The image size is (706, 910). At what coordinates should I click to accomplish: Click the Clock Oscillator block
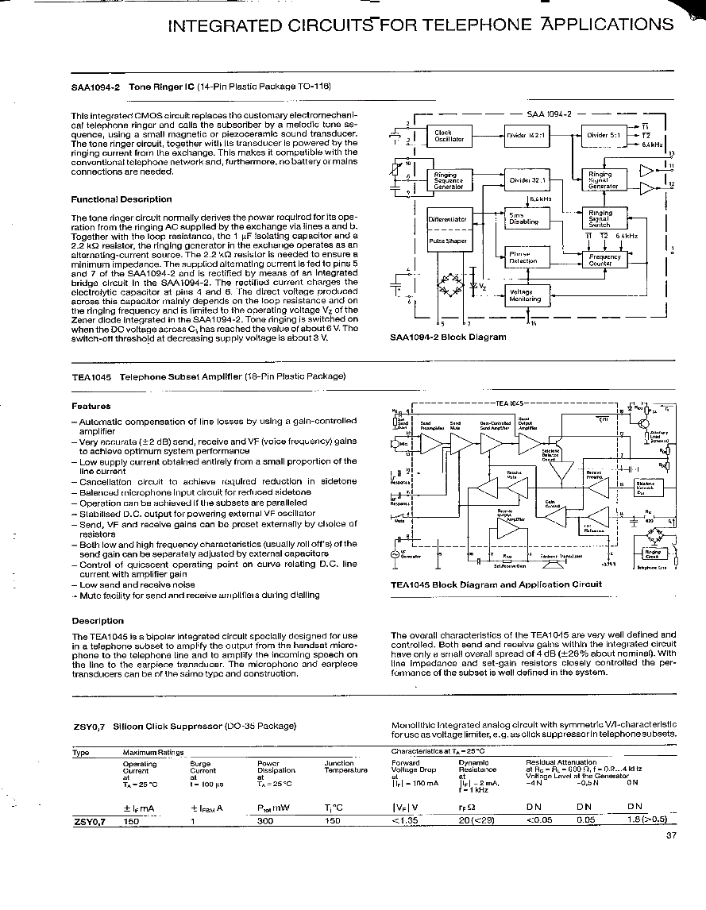click(x=449, y=137)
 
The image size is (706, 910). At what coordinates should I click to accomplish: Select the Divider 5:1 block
click(x=603, y=136)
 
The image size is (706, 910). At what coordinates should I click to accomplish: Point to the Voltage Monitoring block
click(x=525, y=295)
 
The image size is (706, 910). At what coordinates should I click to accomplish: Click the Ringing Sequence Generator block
click(x=449, y=180)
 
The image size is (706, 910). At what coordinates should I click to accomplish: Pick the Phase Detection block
click(x=525, y=256)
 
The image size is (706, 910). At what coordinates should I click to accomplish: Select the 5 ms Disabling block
click(x=525, y=218)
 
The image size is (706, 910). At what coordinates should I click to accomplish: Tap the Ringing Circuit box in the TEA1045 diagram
click(x=653, y=553)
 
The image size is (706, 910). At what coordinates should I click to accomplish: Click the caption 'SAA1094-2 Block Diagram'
click(x=448, y=337)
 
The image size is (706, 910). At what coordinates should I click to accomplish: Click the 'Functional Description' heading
click(x=122, y=199)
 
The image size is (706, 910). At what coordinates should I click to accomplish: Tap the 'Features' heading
click(x=91, y=406)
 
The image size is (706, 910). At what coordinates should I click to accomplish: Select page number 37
click(x=671, y=835)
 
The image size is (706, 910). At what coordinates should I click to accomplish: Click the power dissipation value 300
click(x=265, y=821)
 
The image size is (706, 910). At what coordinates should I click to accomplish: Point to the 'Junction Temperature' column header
click(x=345, y=766)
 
